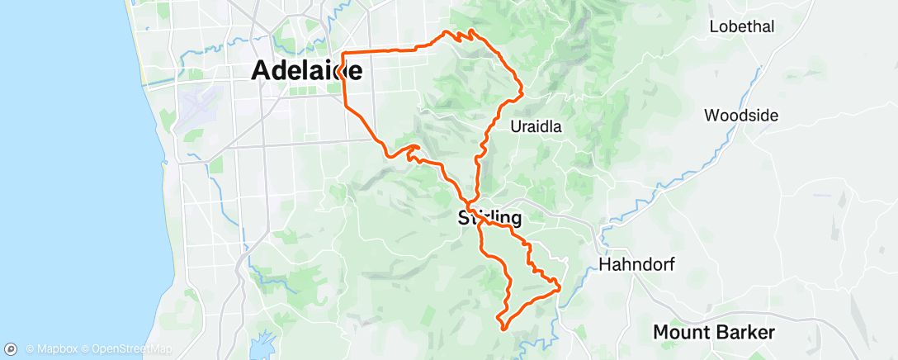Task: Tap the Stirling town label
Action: pyautogui.click(x=489, y=219)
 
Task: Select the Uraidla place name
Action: pyautogui.click(x=536, y=127)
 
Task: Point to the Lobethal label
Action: pyautogui.click(x=741, y=26)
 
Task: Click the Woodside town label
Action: pyautogui.click(x=740, y=116)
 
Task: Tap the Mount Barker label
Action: pyautogui.click(x=714, y=333)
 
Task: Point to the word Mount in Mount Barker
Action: pyautogui.click(x=681, y=333)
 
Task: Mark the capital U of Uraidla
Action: pyautogui.click(x=516, y=127)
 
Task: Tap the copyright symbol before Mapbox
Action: pyautogui.click(x=31, y=350)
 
